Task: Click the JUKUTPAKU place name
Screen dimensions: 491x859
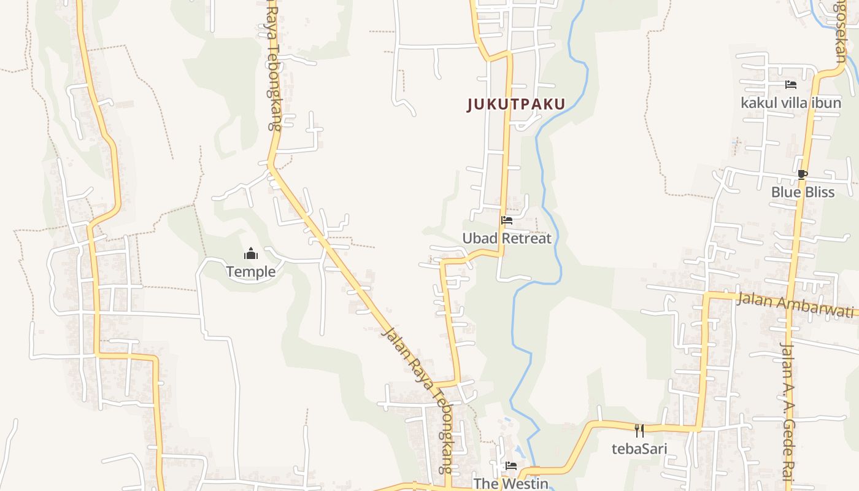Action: coord(515,104)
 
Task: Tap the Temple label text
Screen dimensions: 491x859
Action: coord(250,271)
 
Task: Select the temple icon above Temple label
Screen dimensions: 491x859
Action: coord(250,253)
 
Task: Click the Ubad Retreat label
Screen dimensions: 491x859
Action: coord(507,238)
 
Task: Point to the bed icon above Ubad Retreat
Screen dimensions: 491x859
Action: coord(507,220)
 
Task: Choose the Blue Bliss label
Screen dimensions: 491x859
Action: coord(803,192)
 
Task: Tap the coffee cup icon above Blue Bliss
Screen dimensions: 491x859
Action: coord(802,174)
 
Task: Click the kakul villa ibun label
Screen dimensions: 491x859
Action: coord(791,102)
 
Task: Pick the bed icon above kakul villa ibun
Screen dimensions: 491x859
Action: coord(791,85)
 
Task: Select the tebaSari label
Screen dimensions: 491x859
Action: coord(639,448)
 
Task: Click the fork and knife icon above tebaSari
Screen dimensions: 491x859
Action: coord(639,430)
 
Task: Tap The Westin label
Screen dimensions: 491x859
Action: coord(510,484)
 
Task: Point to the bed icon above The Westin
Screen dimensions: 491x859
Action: coord(510,466)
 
